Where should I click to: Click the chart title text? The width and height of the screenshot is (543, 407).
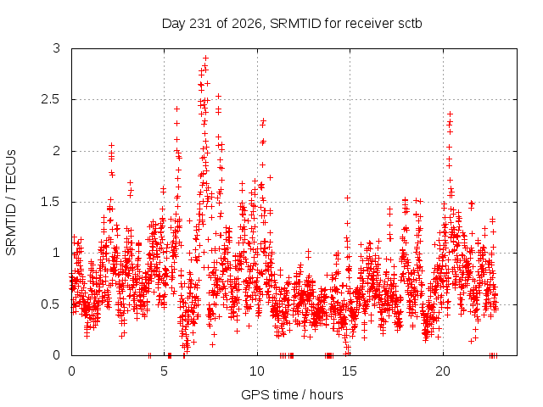[x=292, y=24]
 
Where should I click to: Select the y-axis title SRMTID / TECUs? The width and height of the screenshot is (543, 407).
[x=11, y=203]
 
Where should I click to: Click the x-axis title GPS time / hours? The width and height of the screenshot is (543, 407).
[x=292, y=394]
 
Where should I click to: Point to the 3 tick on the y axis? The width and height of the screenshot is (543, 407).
[x=57, y=48]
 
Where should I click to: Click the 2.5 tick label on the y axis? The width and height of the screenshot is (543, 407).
[x=51, y=100]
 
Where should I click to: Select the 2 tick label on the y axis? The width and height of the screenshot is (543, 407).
[x=57, y=151]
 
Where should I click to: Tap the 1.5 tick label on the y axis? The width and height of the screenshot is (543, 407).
[x=51, y=202]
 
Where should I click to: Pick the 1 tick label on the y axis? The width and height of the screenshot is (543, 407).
[x=57, y=253]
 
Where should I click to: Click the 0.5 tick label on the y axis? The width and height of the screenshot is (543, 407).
[x=51, y=304]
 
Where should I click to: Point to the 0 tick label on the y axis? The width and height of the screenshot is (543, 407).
[x=57, y=355]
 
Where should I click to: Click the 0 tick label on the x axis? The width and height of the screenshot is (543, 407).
[x=71, y=371]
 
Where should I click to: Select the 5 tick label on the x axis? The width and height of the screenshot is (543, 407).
[x=164, y=371]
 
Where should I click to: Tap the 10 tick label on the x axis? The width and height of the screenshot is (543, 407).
[x=257, y=371]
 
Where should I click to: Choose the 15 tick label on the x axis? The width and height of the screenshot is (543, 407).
[x=350, y=371]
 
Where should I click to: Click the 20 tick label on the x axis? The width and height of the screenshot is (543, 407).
[x=443, y=371]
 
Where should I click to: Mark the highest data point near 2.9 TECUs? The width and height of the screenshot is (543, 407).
[x=205, y=58]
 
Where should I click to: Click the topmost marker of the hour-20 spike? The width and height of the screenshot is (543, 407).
[x=451, y=114]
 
